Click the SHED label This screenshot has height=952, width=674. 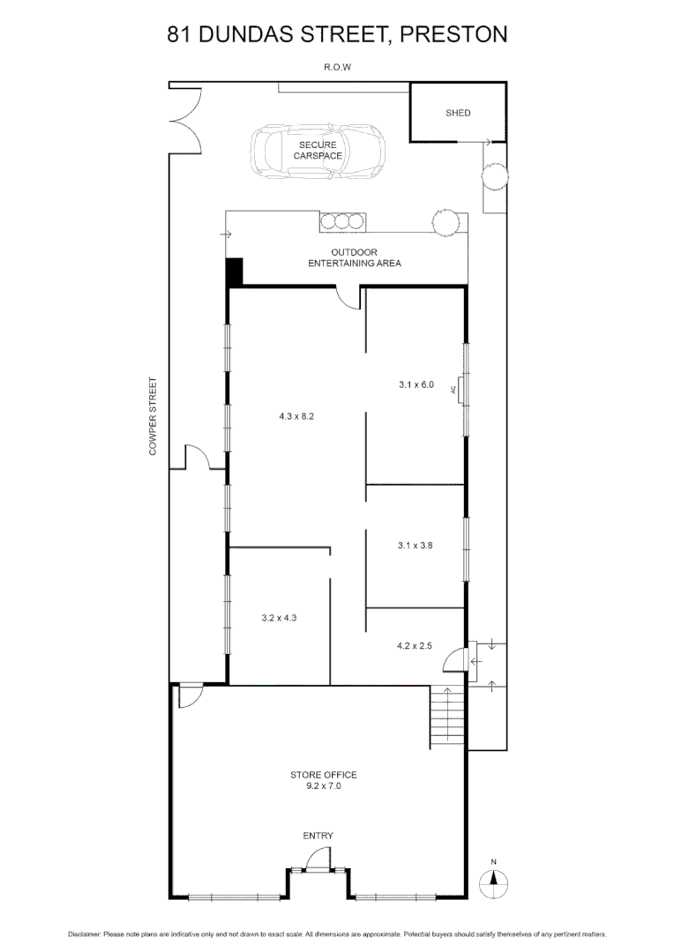[458, 113]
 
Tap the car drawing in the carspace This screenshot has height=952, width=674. [318, 152]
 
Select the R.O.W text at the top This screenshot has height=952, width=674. [337, 66]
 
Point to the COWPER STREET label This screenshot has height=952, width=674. [153, 417]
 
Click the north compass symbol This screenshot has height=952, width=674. [495, 879]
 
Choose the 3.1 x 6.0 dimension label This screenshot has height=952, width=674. [416, 384]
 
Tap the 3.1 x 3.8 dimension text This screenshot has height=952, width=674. [416, 546]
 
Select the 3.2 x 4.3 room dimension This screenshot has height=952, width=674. [279, 618]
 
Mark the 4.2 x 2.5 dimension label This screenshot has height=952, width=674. [416, 646]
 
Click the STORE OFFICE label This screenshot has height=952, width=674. [323, 775]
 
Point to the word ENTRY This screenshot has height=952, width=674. [318, 836]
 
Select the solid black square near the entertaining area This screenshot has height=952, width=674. [234, 271]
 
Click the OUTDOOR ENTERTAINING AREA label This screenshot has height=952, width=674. [354, 257]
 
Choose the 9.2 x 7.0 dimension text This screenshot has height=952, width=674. [323, 786]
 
